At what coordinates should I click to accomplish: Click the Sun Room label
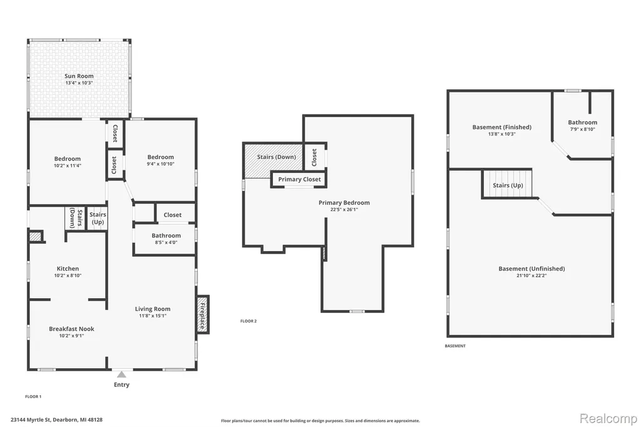click(79, 76)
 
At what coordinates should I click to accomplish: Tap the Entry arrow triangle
click(121, 374)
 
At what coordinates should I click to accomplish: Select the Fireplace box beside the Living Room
click(203, 314)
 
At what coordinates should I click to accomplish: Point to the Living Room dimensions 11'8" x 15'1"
click(153, 316)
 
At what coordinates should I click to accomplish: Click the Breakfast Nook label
click(71, 329)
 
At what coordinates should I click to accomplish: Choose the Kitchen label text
click(68, 269)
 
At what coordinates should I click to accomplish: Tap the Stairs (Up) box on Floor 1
click(97, 218)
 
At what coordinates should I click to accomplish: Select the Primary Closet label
click(300, 179)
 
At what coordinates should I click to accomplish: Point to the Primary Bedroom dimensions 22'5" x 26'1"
click(344, 209)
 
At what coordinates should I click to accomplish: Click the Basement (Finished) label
click(502, 127)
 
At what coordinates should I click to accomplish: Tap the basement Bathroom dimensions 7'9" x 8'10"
click(583, 129)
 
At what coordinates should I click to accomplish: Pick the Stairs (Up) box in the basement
click(507, 184)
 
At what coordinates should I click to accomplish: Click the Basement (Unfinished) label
click(531, 269)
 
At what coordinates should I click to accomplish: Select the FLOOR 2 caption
click(249, 321)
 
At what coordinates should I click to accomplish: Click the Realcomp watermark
click(608, 418)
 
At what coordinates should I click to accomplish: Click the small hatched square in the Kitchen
click(35, 237)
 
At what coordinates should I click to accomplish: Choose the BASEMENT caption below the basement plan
click(455, 346)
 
